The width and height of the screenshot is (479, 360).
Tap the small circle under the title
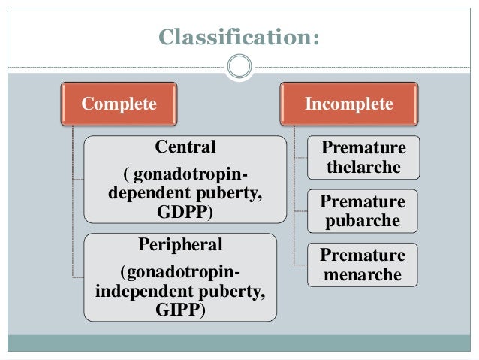(x=239, y=68)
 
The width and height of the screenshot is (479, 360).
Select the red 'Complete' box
(x=119, y=104)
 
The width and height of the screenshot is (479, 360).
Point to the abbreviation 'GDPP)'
(x=185, y=211)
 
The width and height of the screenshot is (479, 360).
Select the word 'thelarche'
(x=363, y=167)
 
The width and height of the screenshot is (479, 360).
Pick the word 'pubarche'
(x=363, y=222)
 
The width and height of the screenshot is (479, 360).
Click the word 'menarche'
(x=363, y=275)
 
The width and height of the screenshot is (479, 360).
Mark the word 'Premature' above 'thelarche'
(x=363, y=147)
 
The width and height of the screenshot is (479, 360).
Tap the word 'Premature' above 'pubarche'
(x=363, y=202)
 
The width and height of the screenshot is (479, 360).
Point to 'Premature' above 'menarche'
(x=363, y=256)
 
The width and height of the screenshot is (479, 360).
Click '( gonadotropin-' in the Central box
(x=185, y=176)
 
